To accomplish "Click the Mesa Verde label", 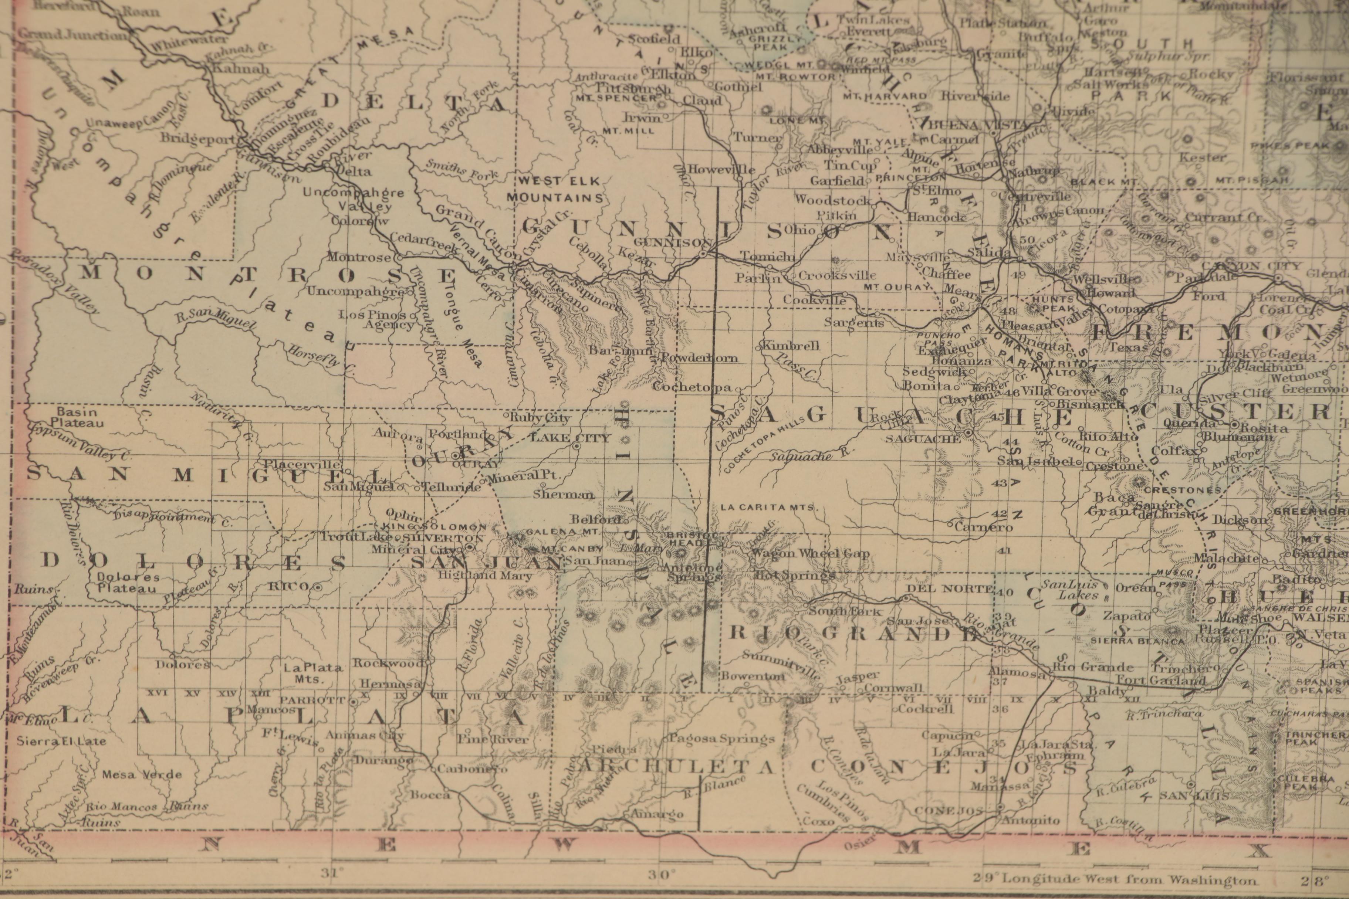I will (x=142, y=774).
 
